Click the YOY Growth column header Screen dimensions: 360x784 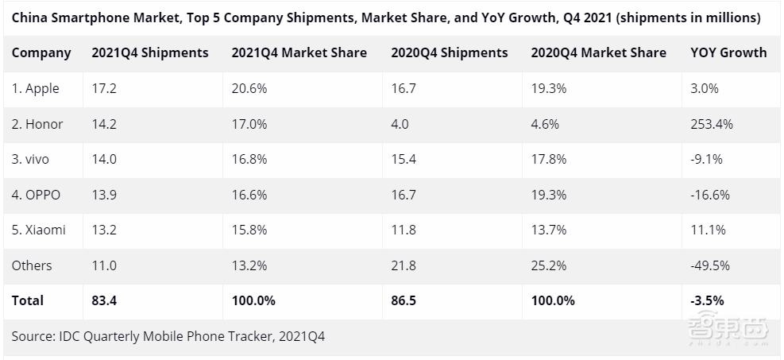coord(728,53)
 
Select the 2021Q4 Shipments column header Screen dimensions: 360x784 coord(150,53)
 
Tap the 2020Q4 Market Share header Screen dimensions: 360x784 coord(598,53)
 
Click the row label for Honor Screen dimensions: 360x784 coord(37,124)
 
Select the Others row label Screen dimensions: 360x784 coord(32,265)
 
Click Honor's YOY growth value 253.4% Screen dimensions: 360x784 coord(712,124)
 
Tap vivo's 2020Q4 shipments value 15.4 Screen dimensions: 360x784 coord(404,159)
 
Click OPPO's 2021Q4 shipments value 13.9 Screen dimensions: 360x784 coord(105,195)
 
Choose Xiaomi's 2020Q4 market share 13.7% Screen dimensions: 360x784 coord(549,230)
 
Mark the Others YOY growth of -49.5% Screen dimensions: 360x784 coord(710,265)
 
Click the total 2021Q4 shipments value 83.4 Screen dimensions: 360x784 coord(105,301)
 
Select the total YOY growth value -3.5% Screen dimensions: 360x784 coord(707,301)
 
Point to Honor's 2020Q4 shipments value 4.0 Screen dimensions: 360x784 coord(400,124)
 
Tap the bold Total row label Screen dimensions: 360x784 coord(28,301)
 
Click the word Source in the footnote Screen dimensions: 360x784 coord(33,336)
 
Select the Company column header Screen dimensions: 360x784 coord(41,53)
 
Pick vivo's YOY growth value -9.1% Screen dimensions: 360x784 coord(707,159)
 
